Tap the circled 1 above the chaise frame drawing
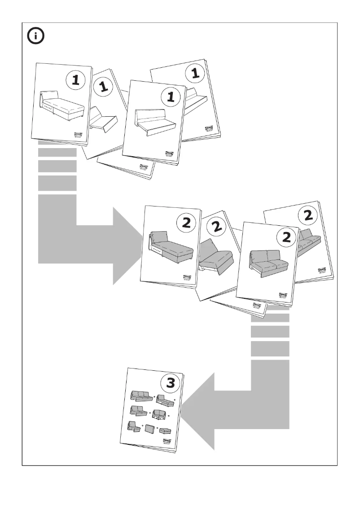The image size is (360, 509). tap(75, 81)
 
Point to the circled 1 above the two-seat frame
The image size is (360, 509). tap(169, 97)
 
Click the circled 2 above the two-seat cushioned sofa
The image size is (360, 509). tap(284, 238)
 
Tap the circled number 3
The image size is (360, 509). tap(171, 383)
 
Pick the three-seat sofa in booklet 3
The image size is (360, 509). tap(140, 395)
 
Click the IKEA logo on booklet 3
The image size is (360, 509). tap(166, 442)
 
